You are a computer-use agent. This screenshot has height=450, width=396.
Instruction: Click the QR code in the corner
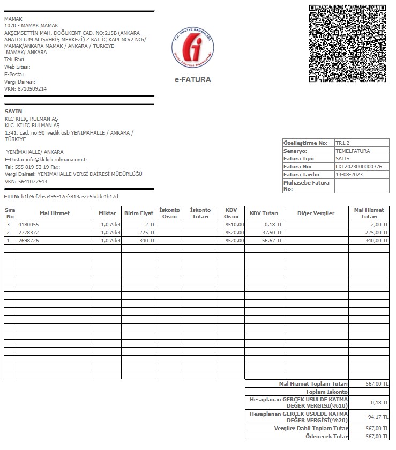(347, 43)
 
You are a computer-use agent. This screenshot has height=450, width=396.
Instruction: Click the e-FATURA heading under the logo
(193, 79)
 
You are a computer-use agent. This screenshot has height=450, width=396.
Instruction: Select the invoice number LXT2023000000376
(358, 167)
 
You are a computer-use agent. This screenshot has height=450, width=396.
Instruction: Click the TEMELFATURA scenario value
(352, 151)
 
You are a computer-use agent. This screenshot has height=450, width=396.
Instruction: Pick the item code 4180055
(29, 224)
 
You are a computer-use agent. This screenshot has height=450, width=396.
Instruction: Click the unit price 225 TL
(147, 233)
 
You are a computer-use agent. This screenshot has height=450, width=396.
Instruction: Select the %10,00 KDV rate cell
(234, 224)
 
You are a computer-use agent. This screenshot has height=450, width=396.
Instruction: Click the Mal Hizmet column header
(55, 213)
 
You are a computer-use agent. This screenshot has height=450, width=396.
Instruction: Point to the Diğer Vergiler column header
(316, 213)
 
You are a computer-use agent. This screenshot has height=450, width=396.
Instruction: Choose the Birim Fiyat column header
(139, 213)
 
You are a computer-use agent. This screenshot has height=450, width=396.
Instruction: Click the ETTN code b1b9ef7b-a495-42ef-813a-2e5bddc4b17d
(70, 197)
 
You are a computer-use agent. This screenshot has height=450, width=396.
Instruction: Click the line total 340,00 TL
(377, 241)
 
